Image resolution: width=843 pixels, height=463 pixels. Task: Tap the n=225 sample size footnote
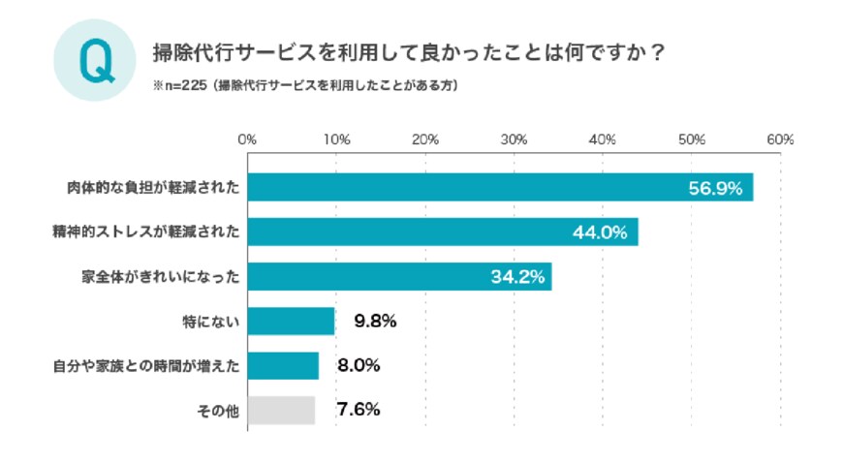point(305,85)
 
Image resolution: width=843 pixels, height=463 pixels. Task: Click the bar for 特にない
point(291,322)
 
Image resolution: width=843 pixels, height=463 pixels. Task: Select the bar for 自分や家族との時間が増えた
point(283,366)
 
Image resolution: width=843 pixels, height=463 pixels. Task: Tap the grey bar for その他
point(281,410)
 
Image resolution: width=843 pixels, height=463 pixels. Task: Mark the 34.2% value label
point(515,278)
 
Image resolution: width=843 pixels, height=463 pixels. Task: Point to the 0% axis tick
point(247,139)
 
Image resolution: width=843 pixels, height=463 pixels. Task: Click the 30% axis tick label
point(515,139)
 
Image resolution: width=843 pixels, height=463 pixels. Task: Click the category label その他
point(218,411)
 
